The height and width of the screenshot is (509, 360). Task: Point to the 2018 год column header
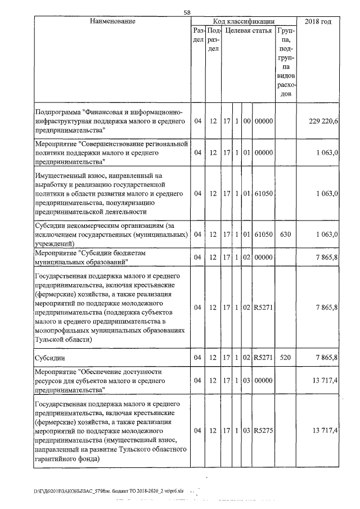[x=318, y=21]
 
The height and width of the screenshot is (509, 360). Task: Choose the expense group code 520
[x=286, y=357]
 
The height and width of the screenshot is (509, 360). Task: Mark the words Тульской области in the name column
[x=62, y=340]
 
